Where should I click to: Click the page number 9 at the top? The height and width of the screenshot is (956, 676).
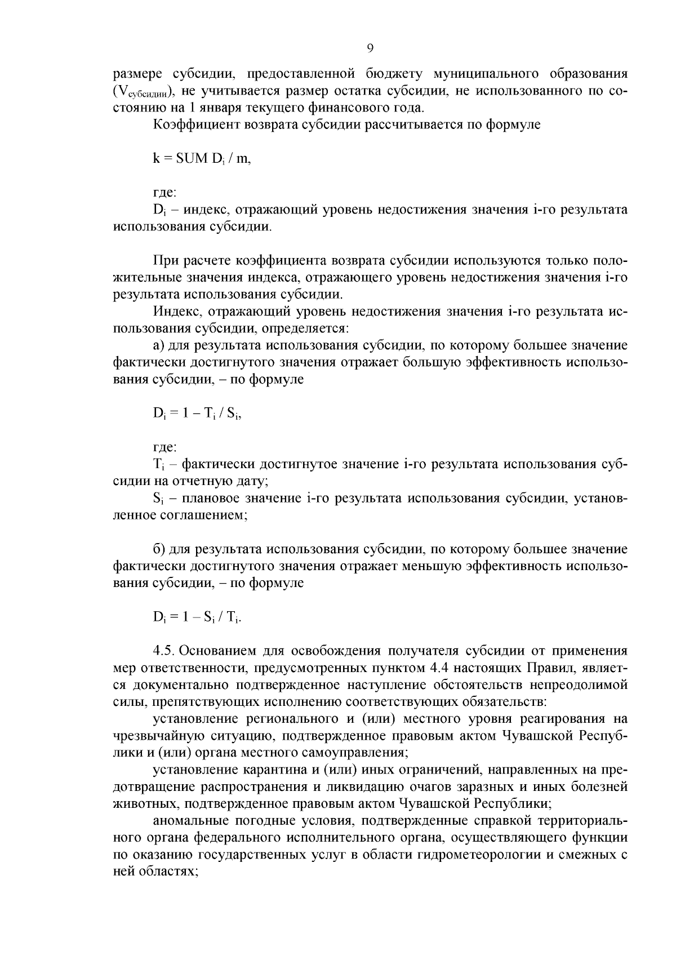click(x=370, y=48)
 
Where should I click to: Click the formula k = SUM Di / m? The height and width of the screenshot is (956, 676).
click(x=201, y=158)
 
